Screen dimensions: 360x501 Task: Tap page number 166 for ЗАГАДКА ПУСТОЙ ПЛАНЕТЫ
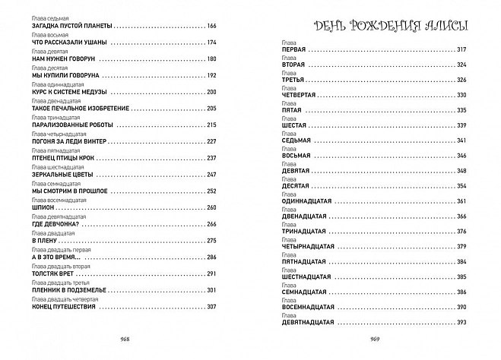pos(211,26)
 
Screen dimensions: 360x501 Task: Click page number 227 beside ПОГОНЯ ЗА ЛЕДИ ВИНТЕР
pos(211,141)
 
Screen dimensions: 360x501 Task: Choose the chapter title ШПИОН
pos(42,207)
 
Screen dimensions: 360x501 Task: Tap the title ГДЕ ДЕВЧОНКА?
pos(58,224)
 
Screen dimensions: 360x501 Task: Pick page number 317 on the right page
pos(461,50)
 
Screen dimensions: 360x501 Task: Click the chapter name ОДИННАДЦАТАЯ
pos(308,201)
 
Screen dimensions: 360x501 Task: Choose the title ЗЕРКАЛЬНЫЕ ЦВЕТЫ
pos(61,175)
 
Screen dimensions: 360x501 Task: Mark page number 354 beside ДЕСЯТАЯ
pos(461,186)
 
